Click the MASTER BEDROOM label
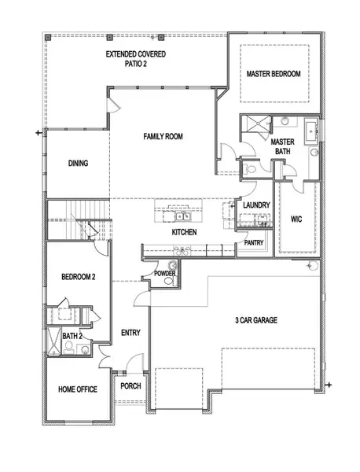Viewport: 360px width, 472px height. [273, 73]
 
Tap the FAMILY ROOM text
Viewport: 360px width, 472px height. [163, 137]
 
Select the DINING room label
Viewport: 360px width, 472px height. [78, 164]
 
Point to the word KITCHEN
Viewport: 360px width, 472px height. [184, 233]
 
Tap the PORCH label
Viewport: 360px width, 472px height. [130, 387]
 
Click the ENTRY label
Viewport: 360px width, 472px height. [130, 333]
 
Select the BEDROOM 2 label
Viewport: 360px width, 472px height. [78, 277]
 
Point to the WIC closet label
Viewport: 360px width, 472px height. [296, 219]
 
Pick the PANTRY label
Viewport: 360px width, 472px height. [253, 243]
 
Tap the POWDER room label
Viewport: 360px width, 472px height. [164, 273]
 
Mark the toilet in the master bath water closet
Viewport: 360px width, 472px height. [249, 168]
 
